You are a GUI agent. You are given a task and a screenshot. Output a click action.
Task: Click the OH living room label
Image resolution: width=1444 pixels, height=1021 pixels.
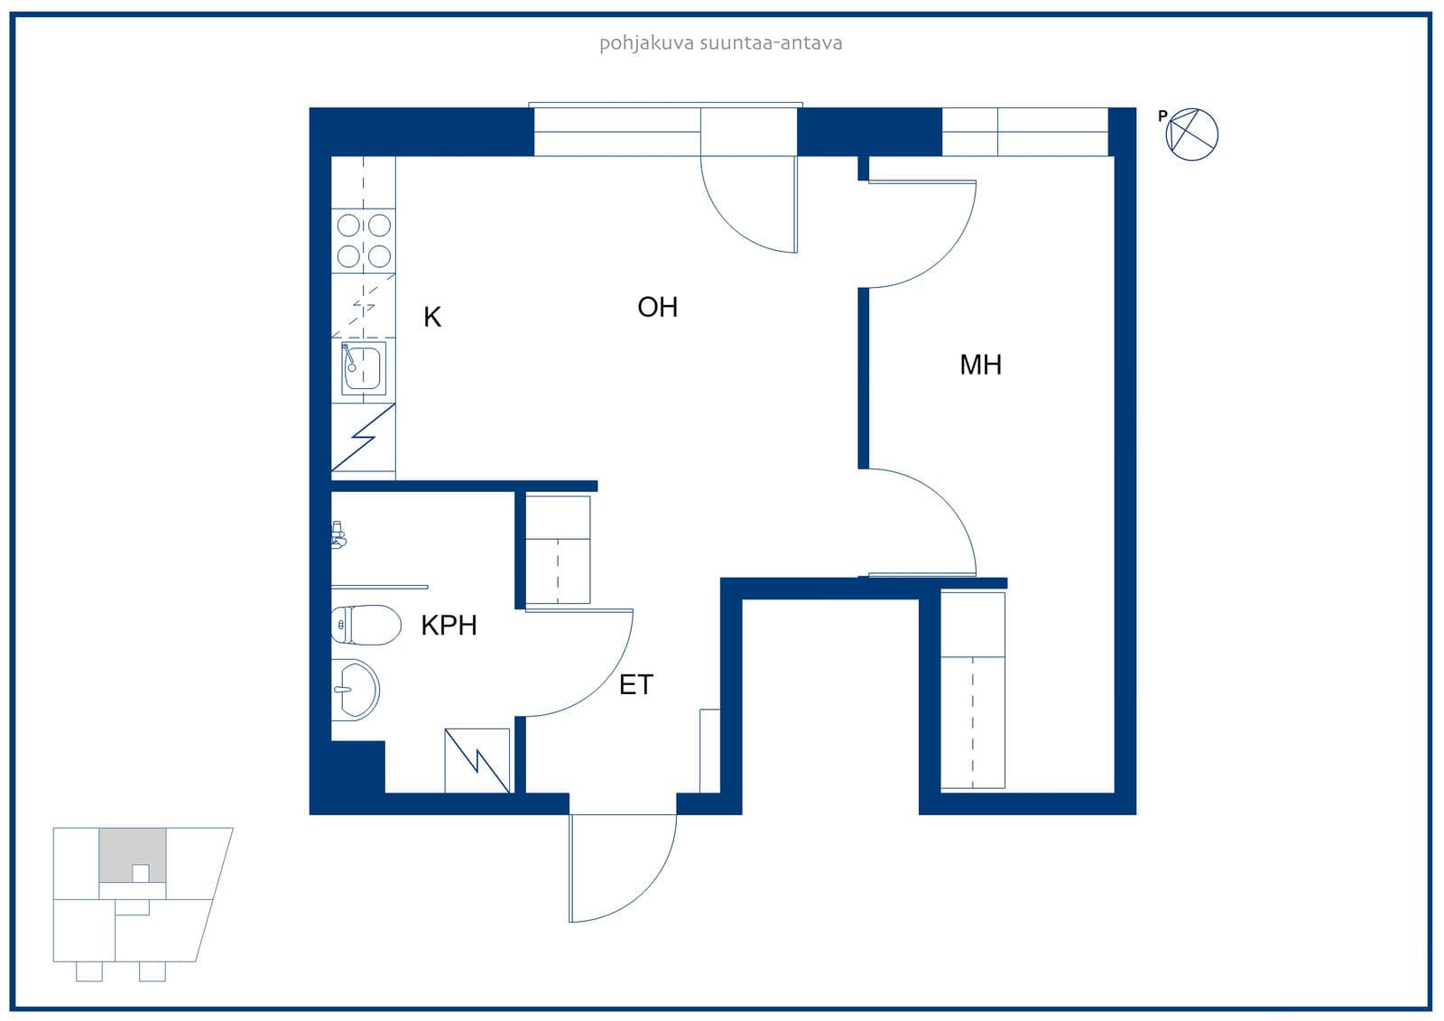[658, 308]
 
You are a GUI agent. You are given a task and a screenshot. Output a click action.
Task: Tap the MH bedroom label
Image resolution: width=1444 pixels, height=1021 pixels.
[980, 365]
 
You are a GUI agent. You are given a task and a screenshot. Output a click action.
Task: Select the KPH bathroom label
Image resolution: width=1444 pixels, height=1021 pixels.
[449, 626]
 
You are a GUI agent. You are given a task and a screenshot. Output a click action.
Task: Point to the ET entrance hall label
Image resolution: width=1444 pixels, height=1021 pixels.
[636, 685]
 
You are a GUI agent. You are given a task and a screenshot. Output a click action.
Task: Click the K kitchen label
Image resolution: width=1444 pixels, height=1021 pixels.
[432, 318]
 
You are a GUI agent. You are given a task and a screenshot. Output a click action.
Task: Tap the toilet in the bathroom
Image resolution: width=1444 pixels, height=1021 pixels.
[366, 625]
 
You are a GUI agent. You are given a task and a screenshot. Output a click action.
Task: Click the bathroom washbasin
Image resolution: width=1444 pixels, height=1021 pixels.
[356, 690]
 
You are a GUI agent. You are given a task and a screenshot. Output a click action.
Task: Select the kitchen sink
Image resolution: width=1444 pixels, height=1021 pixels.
[364, 367]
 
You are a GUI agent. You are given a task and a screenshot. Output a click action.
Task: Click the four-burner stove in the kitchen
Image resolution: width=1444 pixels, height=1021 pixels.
[364, 241]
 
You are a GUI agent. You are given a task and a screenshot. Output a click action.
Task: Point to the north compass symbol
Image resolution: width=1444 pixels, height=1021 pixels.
[1192, 135]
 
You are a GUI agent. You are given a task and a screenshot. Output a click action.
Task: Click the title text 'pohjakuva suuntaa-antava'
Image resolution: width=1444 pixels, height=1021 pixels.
[721, 43]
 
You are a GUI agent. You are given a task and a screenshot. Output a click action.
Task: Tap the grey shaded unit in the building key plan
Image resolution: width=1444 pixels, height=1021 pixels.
[132, 855]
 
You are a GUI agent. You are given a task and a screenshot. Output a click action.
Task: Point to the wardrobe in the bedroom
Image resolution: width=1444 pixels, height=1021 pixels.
[973, 690]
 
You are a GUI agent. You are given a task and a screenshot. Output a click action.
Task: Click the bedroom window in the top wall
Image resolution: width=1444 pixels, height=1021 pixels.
[1025, 132]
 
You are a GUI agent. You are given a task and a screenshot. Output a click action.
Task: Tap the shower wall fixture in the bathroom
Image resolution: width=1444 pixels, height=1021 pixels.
[338, 534]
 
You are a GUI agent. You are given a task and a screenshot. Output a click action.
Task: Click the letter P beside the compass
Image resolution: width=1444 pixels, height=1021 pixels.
[1162, 116]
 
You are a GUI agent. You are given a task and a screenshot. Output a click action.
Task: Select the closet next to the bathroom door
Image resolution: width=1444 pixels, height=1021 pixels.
[558, 550]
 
